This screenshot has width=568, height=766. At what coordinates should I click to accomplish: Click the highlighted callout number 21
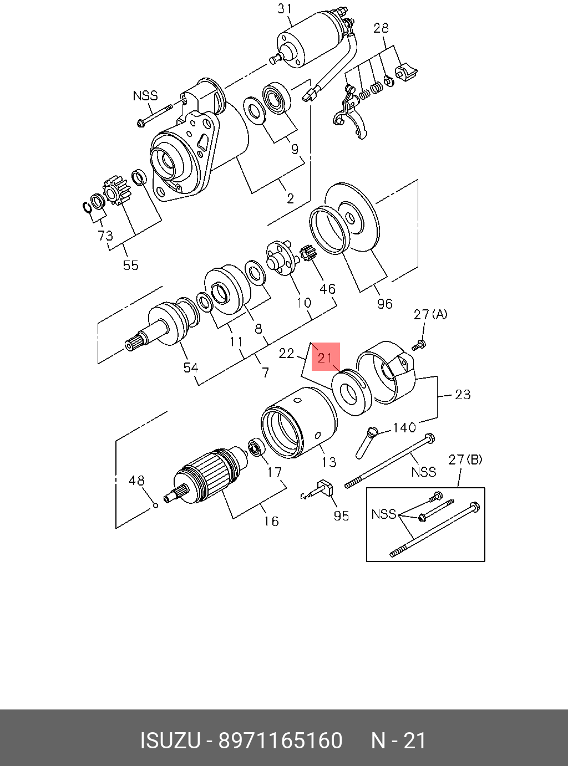point(324,358)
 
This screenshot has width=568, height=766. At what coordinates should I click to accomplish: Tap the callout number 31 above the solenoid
point(285,9)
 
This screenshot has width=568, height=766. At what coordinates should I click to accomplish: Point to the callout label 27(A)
point(430,315)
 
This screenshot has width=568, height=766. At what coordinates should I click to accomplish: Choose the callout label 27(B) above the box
point(465,459)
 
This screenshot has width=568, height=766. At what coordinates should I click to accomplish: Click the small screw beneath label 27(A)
point(419,345)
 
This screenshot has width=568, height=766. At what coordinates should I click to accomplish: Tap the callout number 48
point(136,480)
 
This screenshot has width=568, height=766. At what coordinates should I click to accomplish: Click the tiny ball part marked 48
point(155,505)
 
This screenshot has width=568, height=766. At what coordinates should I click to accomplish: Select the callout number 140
point(404,427)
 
